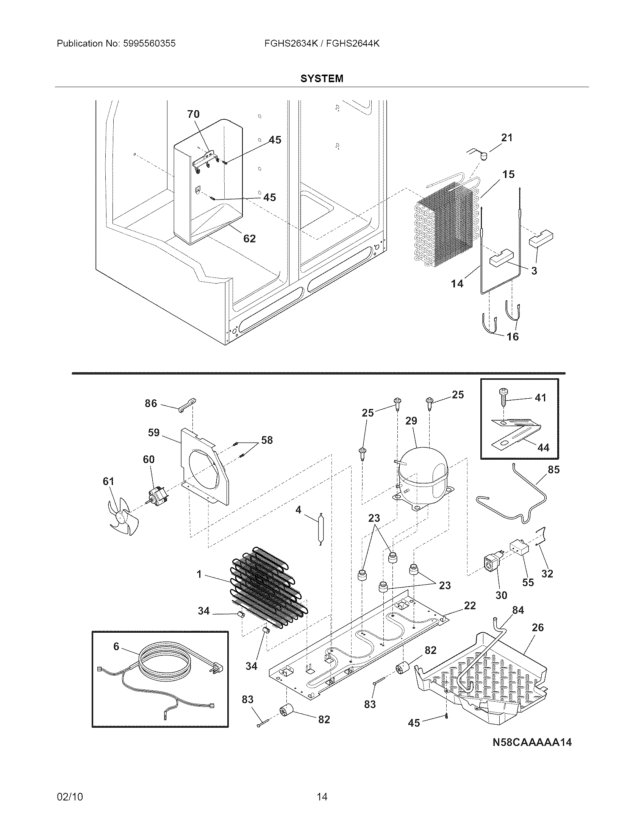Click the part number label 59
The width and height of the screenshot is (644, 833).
click(x=154, y=432)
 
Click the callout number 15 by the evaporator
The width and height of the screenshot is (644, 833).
click(x=508, y=174)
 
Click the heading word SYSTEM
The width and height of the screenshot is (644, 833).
click(x=322, y=79)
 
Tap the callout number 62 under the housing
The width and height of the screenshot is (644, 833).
click(x=250, y=239)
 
